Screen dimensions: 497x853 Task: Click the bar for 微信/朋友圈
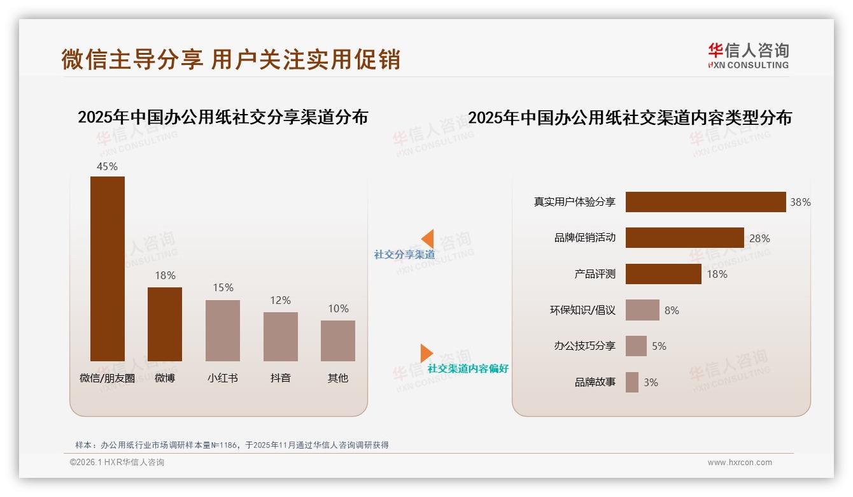coord(108,268)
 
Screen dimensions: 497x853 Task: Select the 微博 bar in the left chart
coord(165,324)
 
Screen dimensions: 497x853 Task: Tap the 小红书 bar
coord(223,330)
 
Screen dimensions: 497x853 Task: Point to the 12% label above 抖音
coord(280,300)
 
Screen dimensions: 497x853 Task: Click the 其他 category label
coord(338,378)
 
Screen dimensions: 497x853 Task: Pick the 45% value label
coord(107,166)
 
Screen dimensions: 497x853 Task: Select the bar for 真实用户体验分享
coord(705,202)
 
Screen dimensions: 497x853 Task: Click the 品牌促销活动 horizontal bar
coord(684,238)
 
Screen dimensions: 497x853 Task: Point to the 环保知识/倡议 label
coord(582,310)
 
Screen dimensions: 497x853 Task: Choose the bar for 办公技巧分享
coord(636,346)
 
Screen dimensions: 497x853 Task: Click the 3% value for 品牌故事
coord(651,382)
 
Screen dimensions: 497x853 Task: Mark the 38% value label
coord(800,202)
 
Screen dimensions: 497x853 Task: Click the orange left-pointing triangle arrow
coord(427,239)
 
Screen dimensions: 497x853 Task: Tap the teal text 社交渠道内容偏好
coord(468,368)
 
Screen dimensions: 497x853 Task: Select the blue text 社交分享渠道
coord(404,254)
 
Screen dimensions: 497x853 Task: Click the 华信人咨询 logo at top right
coord(748,56)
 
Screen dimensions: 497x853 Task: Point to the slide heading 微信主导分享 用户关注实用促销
coord(230,59)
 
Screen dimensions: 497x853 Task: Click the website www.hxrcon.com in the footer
coord(740,463)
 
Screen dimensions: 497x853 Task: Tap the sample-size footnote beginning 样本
coord(232,445)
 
